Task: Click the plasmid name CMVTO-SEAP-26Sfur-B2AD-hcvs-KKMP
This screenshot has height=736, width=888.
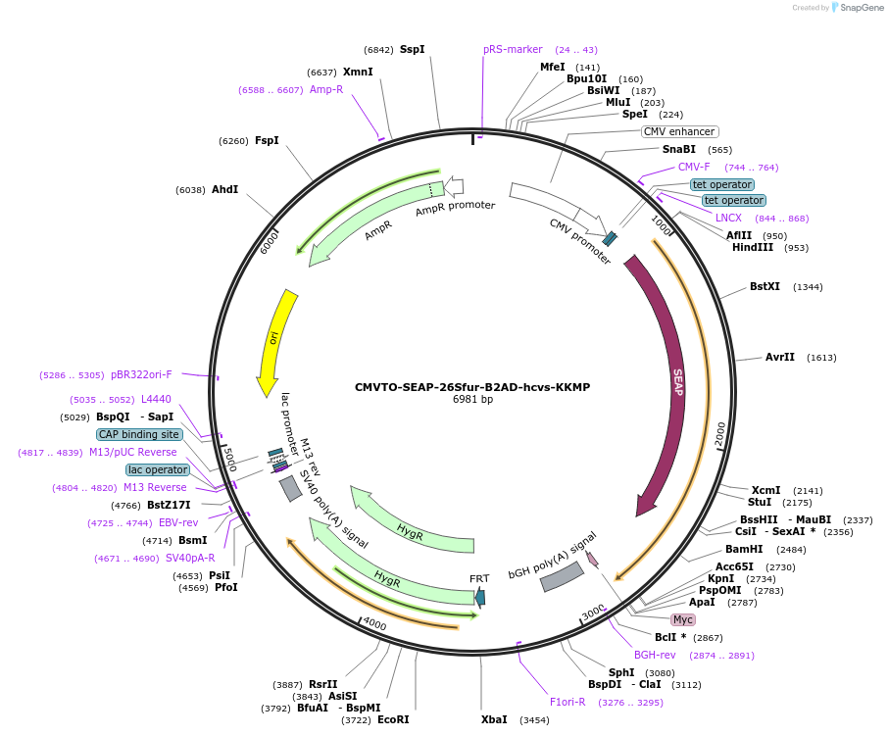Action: click(472, 387)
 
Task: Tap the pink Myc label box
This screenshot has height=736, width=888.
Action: click(683, 619)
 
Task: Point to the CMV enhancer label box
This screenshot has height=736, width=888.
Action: click(679, 131)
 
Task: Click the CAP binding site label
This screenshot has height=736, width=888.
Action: click(138, 434)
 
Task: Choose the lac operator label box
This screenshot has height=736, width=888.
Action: click(158, 469)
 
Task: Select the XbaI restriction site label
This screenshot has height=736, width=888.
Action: click(494, 719)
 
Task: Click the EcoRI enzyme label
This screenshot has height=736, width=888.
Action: click(393, 719)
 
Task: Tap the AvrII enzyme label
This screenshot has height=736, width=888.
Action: click(780, 357)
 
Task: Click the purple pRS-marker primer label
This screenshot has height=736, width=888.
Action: click(513, 49)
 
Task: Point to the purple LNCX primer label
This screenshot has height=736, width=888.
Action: click(728, 218)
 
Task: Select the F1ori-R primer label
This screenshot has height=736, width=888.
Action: click(567, 702)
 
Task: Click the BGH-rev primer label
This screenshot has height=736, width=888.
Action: click(655, 655)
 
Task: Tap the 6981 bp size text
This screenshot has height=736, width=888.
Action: click(472, 400)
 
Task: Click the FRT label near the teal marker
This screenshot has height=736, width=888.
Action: click(479, 578)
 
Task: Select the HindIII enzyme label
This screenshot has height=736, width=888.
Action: click(753, 248)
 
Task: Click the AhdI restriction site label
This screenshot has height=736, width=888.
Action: click(224, 190)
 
